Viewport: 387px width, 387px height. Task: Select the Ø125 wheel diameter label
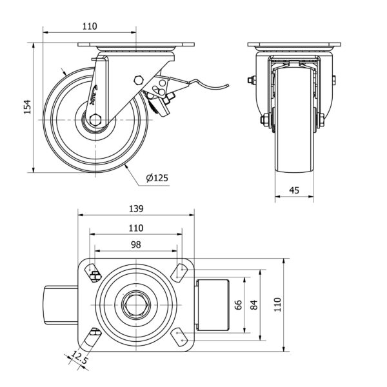(x=157, y=177)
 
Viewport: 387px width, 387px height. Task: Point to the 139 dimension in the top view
(x=135, y=209)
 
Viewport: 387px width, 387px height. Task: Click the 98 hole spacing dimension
(x=135, y=244)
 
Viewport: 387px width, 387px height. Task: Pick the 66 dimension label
(x=237, y=305)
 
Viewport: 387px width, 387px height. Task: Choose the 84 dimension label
(x=253, y=305)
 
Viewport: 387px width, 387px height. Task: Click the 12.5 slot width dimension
(x=78, y=358)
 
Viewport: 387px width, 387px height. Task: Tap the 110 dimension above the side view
(x=90, y=26)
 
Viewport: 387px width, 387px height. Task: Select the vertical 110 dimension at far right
(x=279, y=305)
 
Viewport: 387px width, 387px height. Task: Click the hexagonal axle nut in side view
(x=95, y=119)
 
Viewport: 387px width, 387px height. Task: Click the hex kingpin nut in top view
(x=135, y=305)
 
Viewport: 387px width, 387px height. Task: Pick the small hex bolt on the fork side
(x=138, y=80)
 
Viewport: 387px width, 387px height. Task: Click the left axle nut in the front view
(x=265, y=121)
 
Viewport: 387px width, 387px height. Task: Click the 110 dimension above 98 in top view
(x=135, y=227)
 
